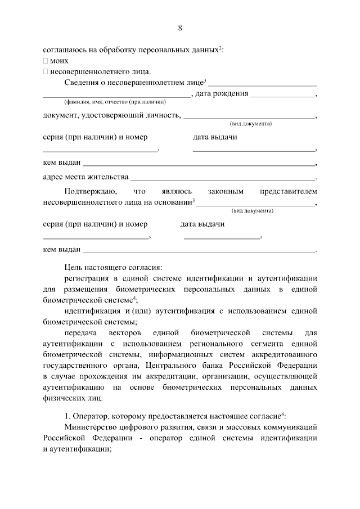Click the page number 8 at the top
tap(180, 28)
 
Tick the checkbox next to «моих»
tap(45, 60)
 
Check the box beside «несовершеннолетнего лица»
tap(45, 71)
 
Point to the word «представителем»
tap(289, 191)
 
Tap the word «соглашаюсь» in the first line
tap(62, 49)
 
